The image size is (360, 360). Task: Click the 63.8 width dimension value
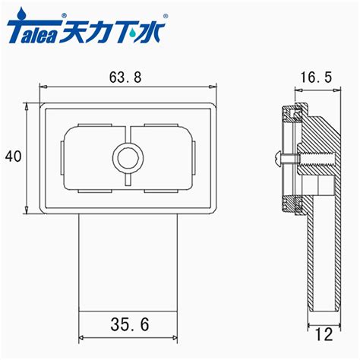[x=127, y=77]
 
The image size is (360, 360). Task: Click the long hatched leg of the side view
[x=323, y=258]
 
